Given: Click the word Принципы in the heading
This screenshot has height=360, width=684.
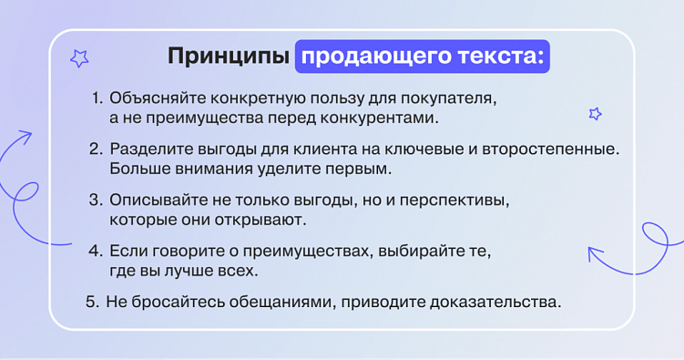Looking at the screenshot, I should pyautogui.click(x=228, y=57).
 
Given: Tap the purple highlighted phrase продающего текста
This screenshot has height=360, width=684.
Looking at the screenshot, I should pyautogui.click(x=423, y=57).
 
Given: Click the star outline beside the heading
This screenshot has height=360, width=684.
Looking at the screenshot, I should pyautogui.click(x=80, y=58).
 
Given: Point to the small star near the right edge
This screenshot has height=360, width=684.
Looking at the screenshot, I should pyautogui.click(x=596, y=114).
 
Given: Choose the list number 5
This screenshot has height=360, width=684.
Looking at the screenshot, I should pyautogui.click(x=91, y=301).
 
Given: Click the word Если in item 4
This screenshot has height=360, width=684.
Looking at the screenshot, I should pyautogui.click(x=125, y=250).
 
